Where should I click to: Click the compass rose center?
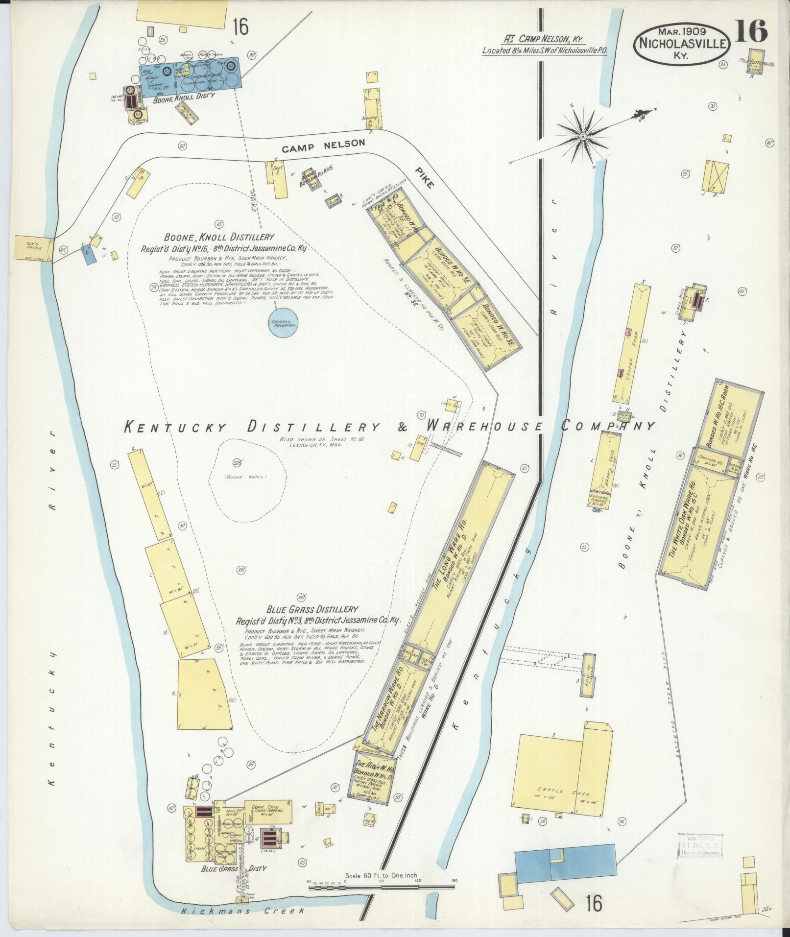583,136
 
